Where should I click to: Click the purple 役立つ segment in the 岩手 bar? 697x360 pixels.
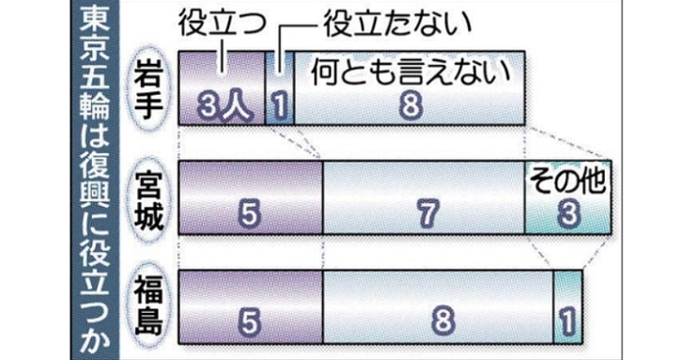222,87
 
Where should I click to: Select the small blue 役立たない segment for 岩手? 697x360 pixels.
280,87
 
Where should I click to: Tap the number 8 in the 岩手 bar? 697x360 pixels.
410,105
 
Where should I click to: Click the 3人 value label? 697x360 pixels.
223,106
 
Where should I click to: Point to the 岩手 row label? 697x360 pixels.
149,87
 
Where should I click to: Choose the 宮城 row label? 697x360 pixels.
149,198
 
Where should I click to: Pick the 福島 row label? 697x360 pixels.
149,305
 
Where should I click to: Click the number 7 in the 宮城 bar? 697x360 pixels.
428,213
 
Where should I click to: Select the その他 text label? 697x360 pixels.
567,180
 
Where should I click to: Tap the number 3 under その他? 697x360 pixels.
568,213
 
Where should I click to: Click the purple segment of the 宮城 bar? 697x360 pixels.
251,197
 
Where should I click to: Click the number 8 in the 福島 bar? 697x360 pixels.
442,321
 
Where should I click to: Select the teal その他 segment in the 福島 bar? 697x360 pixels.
567,306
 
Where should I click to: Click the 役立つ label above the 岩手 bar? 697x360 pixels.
223,24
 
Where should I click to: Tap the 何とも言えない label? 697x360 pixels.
410,73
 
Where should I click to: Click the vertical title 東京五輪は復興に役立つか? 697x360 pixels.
95,180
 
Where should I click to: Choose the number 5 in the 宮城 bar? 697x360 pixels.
249,213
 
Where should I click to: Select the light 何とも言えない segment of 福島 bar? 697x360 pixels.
438,306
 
